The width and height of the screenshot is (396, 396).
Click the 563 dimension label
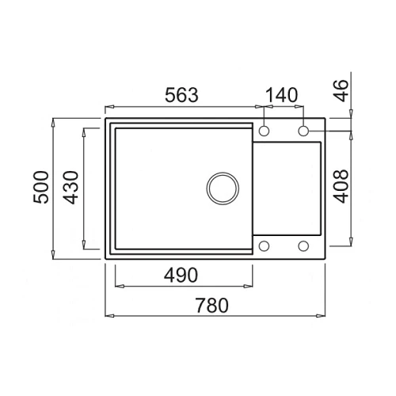point(181,95)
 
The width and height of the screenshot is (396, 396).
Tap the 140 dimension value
point(281,95)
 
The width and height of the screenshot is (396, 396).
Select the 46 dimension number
point(341,90)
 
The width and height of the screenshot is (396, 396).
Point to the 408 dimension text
point(341,186)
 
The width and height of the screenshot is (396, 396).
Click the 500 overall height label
point(41,187)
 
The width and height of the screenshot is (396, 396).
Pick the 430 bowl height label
point(71,188)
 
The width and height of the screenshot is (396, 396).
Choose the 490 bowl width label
point(181,275)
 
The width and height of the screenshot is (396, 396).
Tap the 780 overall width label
point(211,305)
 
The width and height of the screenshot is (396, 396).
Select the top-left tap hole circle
point(264,131)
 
